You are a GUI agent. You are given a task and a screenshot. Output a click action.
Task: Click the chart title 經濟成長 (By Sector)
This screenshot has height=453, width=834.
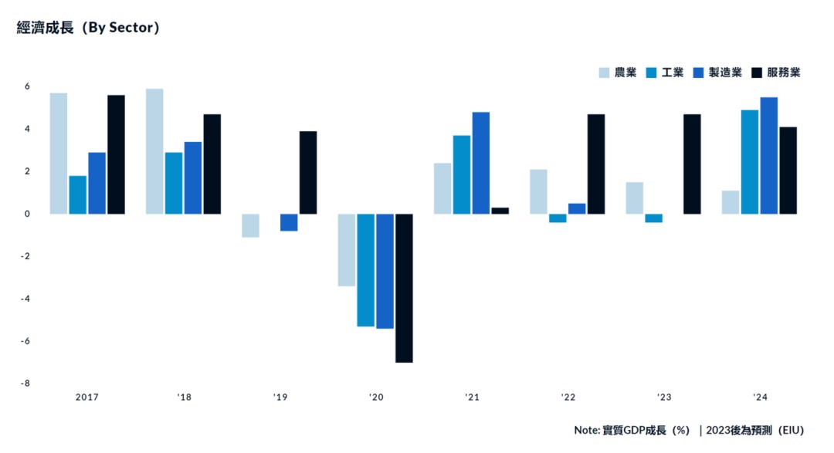[88, 28]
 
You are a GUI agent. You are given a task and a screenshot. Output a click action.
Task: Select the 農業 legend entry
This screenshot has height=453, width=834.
[618, 73]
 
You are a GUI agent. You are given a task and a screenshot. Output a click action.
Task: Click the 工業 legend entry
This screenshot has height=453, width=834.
[665, 73]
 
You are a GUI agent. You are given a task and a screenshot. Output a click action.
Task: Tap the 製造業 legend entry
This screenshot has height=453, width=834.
[717, 73]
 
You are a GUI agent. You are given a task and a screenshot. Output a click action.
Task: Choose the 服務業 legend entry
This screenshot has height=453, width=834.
[775, 73]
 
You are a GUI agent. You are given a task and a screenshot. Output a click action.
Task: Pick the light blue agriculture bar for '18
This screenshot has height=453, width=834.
[154, 151]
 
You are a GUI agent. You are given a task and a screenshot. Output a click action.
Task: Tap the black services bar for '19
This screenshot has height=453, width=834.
[308, 172]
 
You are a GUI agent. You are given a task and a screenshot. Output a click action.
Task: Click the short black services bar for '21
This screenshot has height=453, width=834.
[500, 211]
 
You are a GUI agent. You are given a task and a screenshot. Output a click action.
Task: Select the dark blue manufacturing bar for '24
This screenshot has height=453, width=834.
[769, 155]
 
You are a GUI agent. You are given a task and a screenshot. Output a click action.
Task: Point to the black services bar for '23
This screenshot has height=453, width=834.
[692, 164]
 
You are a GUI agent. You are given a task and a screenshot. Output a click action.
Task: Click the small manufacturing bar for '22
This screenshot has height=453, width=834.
[577, 208]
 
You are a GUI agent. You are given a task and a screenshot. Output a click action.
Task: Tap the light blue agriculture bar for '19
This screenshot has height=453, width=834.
[250, 225]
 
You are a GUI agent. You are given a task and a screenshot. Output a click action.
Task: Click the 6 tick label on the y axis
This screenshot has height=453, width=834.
[26, 86]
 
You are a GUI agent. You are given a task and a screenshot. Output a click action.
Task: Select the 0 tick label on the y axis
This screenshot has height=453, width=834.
[26, 214]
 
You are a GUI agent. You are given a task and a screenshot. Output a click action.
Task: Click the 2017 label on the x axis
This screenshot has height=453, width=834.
[87, 397]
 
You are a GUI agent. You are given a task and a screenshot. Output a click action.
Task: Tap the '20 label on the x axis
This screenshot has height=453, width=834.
[375, 397]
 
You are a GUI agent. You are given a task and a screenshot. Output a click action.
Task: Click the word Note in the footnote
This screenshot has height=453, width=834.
[586, 430]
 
